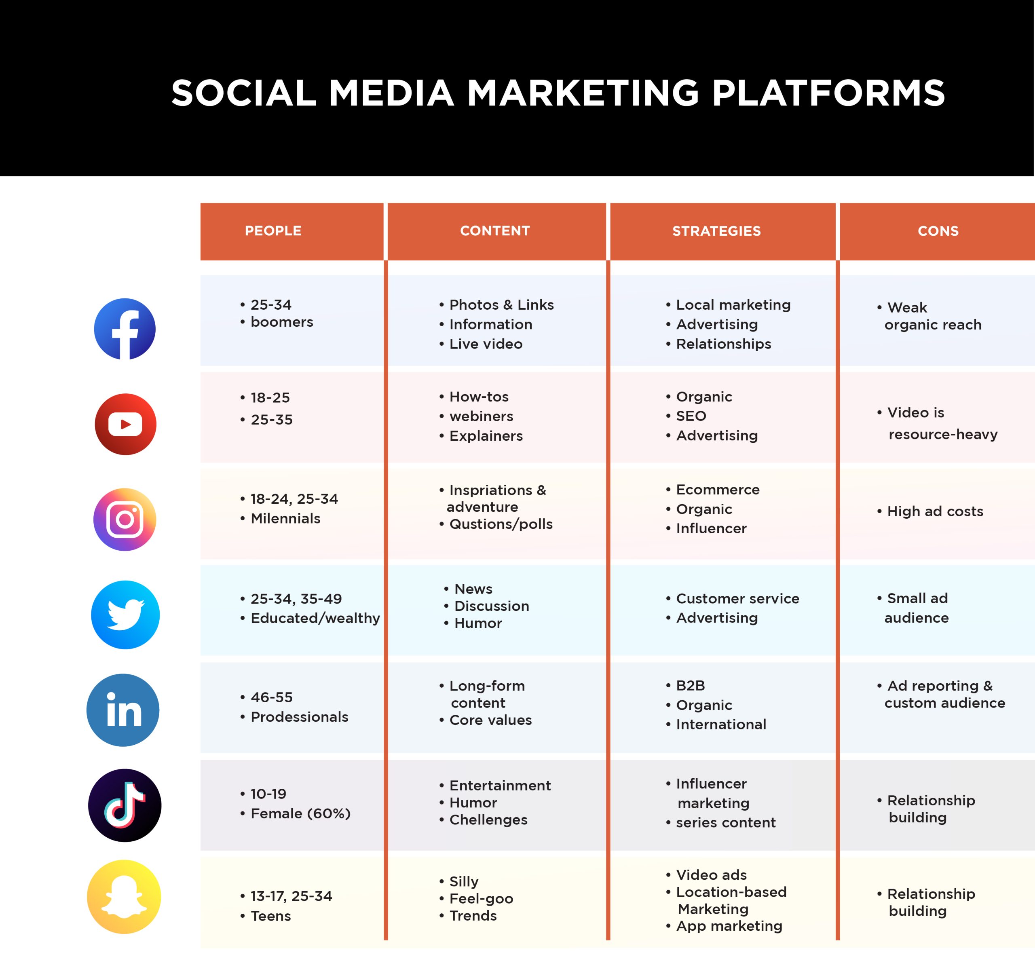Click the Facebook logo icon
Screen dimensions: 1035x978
(x=125, y=329)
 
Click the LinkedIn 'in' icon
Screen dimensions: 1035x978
(x=123, y=710)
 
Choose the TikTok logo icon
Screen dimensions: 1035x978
(x=125, y=805)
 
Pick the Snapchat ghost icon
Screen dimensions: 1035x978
(x=124, y=897)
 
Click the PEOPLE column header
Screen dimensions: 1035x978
(x=273, y=231)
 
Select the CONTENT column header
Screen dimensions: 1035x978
(x=495, y=231)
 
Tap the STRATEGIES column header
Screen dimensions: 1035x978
(x=716, y=231)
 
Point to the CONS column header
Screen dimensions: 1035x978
(x=938, y=231)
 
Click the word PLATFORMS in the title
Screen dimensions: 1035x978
(x=828, y=93)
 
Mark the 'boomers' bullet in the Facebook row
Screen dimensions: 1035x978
(x=281, y=322)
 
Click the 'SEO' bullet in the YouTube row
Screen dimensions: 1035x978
(x=691, y=416)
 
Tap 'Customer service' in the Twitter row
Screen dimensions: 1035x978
(x=738, y=598)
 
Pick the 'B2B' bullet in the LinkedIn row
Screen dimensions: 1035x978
(x=691, y=686)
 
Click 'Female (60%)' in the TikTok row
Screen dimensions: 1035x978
(x=300, y=813)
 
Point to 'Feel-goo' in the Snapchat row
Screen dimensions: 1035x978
(x=481, y=899)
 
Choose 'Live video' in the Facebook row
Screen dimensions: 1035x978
(x=486, y=344)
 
